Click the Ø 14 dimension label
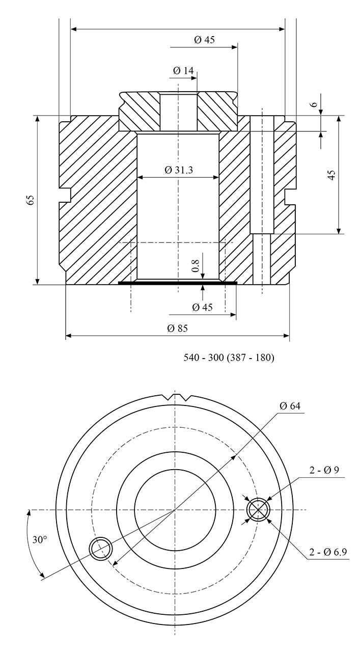click(183, 70)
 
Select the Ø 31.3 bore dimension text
click(179, 170)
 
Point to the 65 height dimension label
click(31, 200)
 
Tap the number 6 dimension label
click(314, 105)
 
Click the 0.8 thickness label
click(196, 266)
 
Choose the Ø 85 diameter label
click(178, 329)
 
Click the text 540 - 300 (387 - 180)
click(229, 358)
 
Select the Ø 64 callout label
click(290, 406)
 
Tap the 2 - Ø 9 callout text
click(324, 470)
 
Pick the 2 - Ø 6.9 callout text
click(328, 552)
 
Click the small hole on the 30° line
click(101, 549)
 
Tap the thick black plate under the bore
click(178, 282)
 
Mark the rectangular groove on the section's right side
click(290, 197)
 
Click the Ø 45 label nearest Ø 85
click(203, 307)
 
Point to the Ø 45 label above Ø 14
click(204, 39)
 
